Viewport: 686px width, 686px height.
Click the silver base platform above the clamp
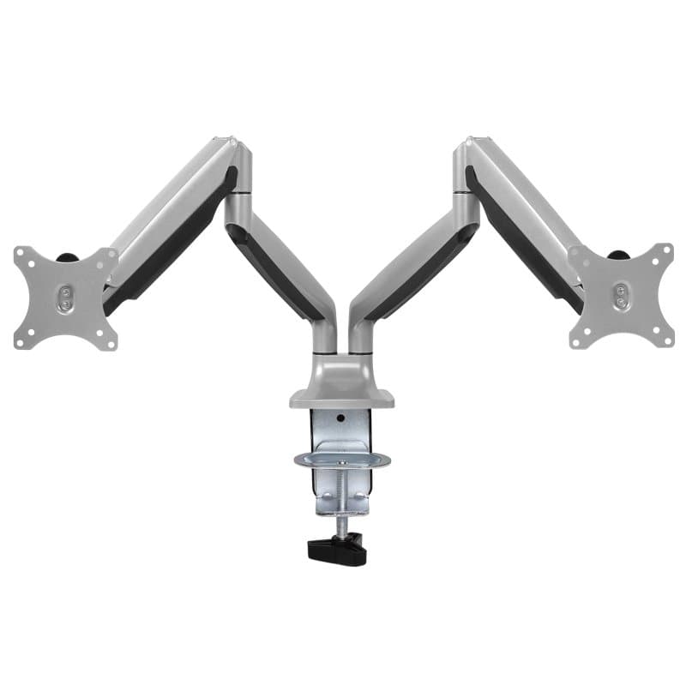344,396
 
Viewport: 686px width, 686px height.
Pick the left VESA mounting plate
65,298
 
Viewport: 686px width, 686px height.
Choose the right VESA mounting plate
621,297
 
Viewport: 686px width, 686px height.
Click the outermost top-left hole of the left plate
21,255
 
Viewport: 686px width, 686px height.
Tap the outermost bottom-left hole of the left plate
21,341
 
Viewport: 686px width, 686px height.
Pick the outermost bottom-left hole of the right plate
577,340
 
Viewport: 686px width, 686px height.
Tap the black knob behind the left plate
66,256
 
